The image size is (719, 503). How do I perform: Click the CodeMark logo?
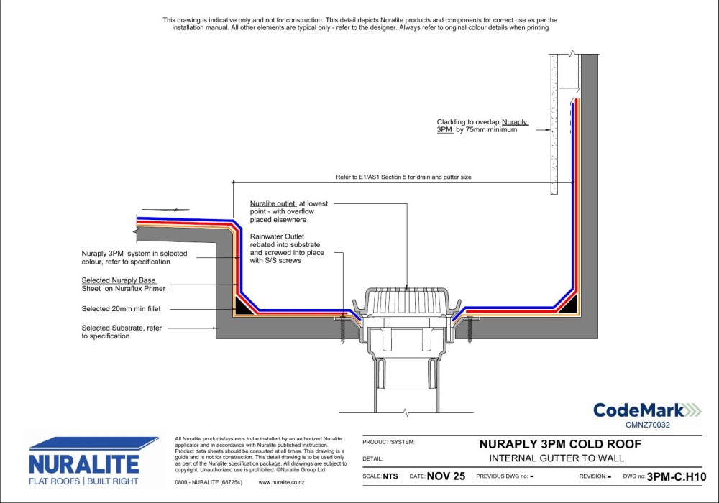[647, 410]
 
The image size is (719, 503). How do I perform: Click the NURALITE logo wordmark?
[84, 464]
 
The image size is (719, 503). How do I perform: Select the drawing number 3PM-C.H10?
[677, 477]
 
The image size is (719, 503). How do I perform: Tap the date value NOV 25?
[446, 476]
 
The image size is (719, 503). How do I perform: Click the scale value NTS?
[390, 476]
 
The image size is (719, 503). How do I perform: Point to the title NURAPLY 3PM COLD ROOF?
[560, 444]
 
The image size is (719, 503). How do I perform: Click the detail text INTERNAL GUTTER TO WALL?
[557, 458]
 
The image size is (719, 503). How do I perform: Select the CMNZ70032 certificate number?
[648, 425]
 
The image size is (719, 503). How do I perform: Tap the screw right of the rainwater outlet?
[470, 331]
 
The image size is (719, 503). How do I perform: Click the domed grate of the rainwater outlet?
[407, 301]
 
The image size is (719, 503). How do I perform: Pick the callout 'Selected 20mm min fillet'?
[121, 309]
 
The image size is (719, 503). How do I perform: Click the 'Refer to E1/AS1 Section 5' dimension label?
[403, 177]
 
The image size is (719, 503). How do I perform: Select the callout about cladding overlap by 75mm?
[482, 126]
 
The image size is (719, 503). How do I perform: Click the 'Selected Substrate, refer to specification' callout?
[122, 332]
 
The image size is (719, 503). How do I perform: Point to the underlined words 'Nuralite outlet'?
[273, 204]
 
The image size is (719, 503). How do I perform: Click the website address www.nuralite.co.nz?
[281, 482]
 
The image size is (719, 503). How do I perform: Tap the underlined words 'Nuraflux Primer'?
[140, 289]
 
